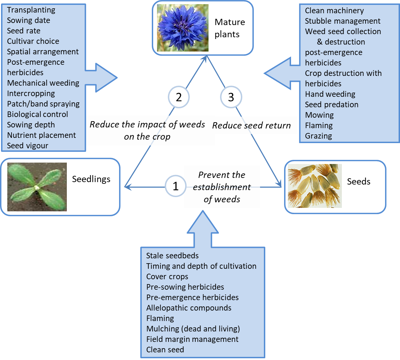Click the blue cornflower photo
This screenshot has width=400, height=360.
coord(183,28)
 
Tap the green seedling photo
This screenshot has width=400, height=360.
coord(37,187)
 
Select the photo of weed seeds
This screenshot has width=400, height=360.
coord(315,186)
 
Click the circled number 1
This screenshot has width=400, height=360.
coord(175,186)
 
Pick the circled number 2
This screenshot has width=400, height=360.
coord(179,97)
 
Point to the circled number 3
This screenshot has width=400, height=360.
coord(231,97)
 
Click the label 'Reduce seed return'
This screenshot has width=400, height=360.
coord(251,125)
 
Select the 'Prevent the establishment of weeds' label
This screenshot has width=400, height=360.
coord(222,187)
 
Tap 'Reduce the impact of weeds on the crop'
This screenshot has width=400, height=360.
coord(147,130)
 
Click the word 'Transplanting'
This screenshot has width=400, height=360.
coord(31,10)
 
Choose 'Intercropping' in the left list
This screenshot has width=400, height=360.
coord(31,93)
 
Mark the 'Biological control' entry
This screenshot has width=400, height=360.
coord(38,114)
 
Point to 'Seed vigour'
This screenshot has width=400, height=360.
coord(28,146)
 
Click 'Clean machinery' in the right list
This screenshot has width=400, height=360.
coord(334,10)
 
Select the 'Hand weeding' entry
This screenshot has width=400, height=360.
coord(330,94)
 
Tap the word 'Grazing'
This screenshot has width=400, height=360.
coord(318,136)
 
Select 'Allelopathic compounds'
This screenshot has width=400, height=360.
coord(189,308)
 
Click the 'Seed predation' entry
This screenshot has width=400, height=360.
coord(331,104)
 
